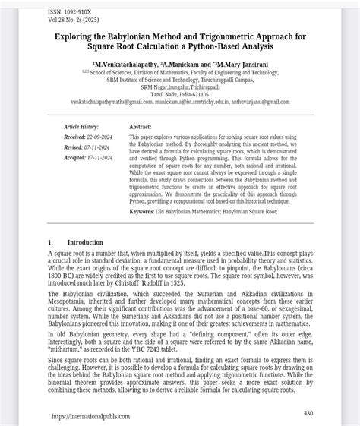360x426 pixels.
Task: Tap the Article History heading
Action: pyautogui.click(x=82, y=127)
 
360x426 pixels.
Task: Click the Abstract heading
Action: pyautogui.click(x=141, y=127)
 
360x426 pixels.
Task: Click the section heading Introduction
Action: pyautogui.click(x=84, y=242)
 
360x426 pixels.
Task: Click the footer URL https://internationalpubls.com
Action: pyautogui.click(x=91, y=416)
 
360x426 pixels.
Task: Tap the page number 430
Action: pyautogui.click(x=308, y=413)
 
